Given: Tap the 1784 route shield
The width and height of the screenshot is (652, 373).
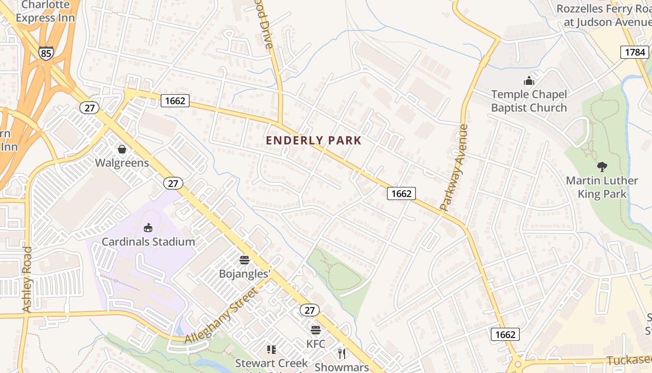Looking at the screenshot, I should tap(635, 52).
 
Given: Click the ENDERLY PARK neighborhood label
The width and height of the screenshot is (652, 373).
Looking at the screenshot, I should tap(313, 140).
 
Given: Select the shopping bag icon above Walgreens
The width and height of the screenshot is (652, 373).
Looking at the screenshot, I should tap(122, 149).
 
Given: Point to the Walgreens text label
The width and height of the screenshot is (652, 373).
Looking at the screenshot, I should tap(122, 163).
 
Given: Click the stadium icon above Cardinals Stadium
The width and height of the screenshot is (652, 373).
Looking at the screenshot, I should tap(148, 228).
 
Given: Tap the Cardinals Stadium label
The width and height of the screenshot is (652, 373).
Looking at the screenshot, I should tap(148, 242).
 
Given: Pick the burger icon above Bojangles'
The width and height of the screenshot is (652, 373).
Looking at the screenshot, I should tap(244, 260).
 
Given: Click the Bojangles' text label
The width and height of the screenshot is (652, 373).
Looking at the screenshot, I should tap(244, 274).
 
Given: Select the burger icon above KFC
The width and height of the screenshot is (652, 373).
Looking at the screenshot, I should tap(316, 330).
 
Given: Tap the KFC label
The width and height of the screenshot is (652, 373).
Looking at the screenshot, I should tap(316, 344).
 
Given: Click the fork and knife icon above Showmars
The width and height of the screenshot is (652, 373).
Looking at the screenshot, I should tap(342, 353).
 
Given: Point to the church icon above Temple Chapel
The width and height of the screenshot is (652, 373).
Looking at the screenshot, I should tap(529, 81).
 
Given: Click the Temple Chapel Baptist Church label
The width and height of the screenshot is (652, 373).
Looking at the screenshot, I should tap(529, 101).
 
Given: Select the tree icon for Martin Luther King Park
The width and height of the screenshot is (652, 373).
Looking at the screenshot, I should tap(602, 166).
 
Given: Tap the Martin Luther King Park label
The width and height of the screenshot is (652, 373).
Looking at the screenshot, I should tap(602, 187).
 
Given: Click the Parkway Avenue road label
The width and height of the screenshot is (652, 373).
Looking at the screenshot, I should tap(454, 167).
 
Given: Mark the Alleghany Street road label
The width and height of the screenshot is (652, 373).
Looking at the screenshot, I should tap(221, 316).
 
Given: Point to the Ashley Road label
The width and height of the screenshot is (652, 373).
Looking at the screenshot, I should tap(27, 280).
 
